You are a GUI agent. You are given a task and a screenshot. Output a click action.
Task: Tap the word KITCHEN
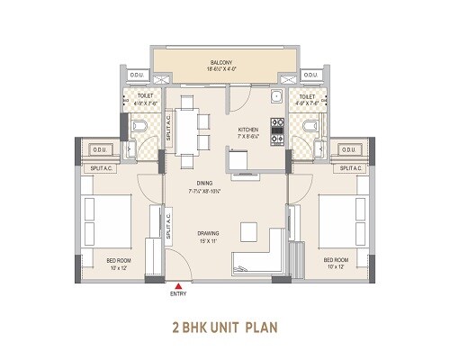pyautogui.click(x=248, y=130)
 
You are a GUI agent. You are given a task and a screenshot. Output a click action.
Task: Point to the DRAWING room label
pyautogui.click(x=209, y=234)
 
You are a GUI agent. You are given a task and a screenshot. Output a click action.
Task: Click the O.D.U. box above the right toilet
pyautogui.click(x=311, y=76)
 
